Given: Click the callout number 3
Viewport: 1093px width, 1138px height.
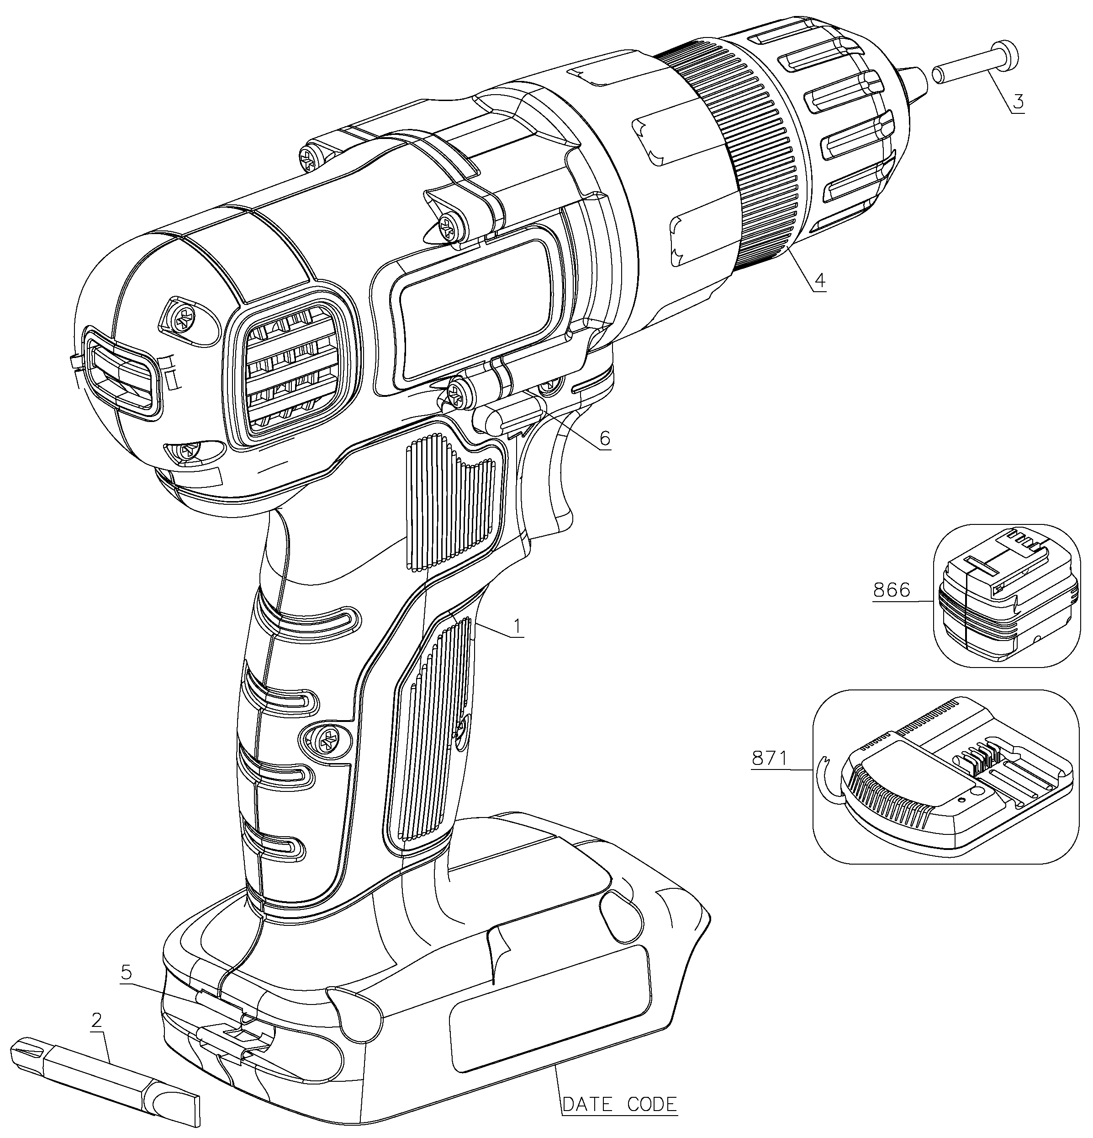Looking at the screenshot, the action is pos(1018,102).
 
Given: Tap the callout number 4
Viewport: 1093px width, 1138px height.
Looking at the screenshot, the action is pos(819,280).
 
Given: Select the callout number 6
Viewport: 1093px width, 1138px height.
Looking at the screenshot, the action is pos(605,438).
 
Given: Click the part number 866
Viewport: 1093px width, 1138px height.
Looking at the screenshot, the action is pos(891,590).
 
